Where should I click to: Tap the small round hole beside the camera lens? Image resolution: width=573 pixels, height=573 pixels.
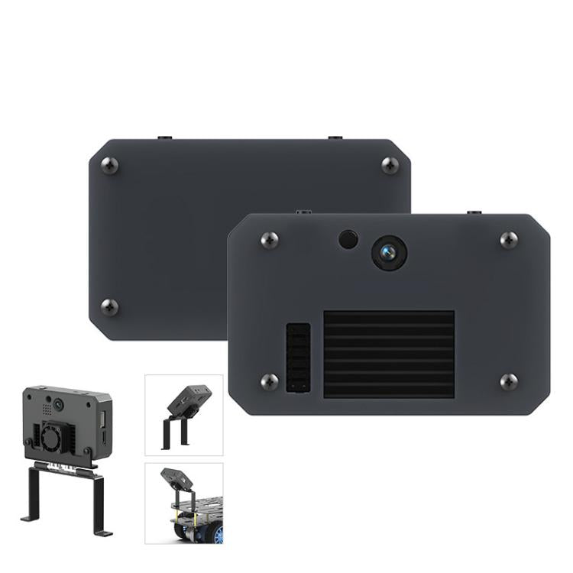(x=348, y=239)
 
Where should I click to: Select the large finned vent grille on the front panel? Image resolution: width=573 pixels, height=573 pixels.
(x=389, y=353)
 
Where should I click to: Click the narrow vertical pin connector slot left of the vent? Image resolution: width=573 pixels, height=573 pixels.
(x=298, y=358)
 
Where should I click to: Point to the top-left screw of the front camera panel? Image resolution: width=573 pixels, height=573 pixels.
(x=269, y=239)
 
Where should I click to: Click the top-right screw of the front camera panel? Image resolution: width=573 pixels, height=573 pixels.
(x=509, y=239)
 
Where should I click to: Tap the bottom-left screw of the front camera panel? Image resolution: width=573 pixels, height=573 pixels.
(x=269, y=381)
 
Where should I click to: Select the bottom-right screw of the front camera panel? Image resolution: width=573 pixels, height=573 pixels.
(x=509, y=381)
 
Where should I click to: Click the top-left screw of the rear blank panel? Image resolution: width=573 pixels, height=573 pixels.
(x=110, y=165)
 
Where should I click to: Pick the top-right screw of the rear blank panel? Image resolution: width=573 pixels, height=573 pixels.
(x=390, y=165)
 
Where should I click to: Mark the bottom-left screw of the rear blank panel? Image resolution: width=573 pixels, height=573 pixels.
(x=110, y=307)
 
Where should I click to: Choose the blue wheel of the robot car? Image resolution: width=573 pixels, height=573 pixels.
(x=218, y=533)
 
